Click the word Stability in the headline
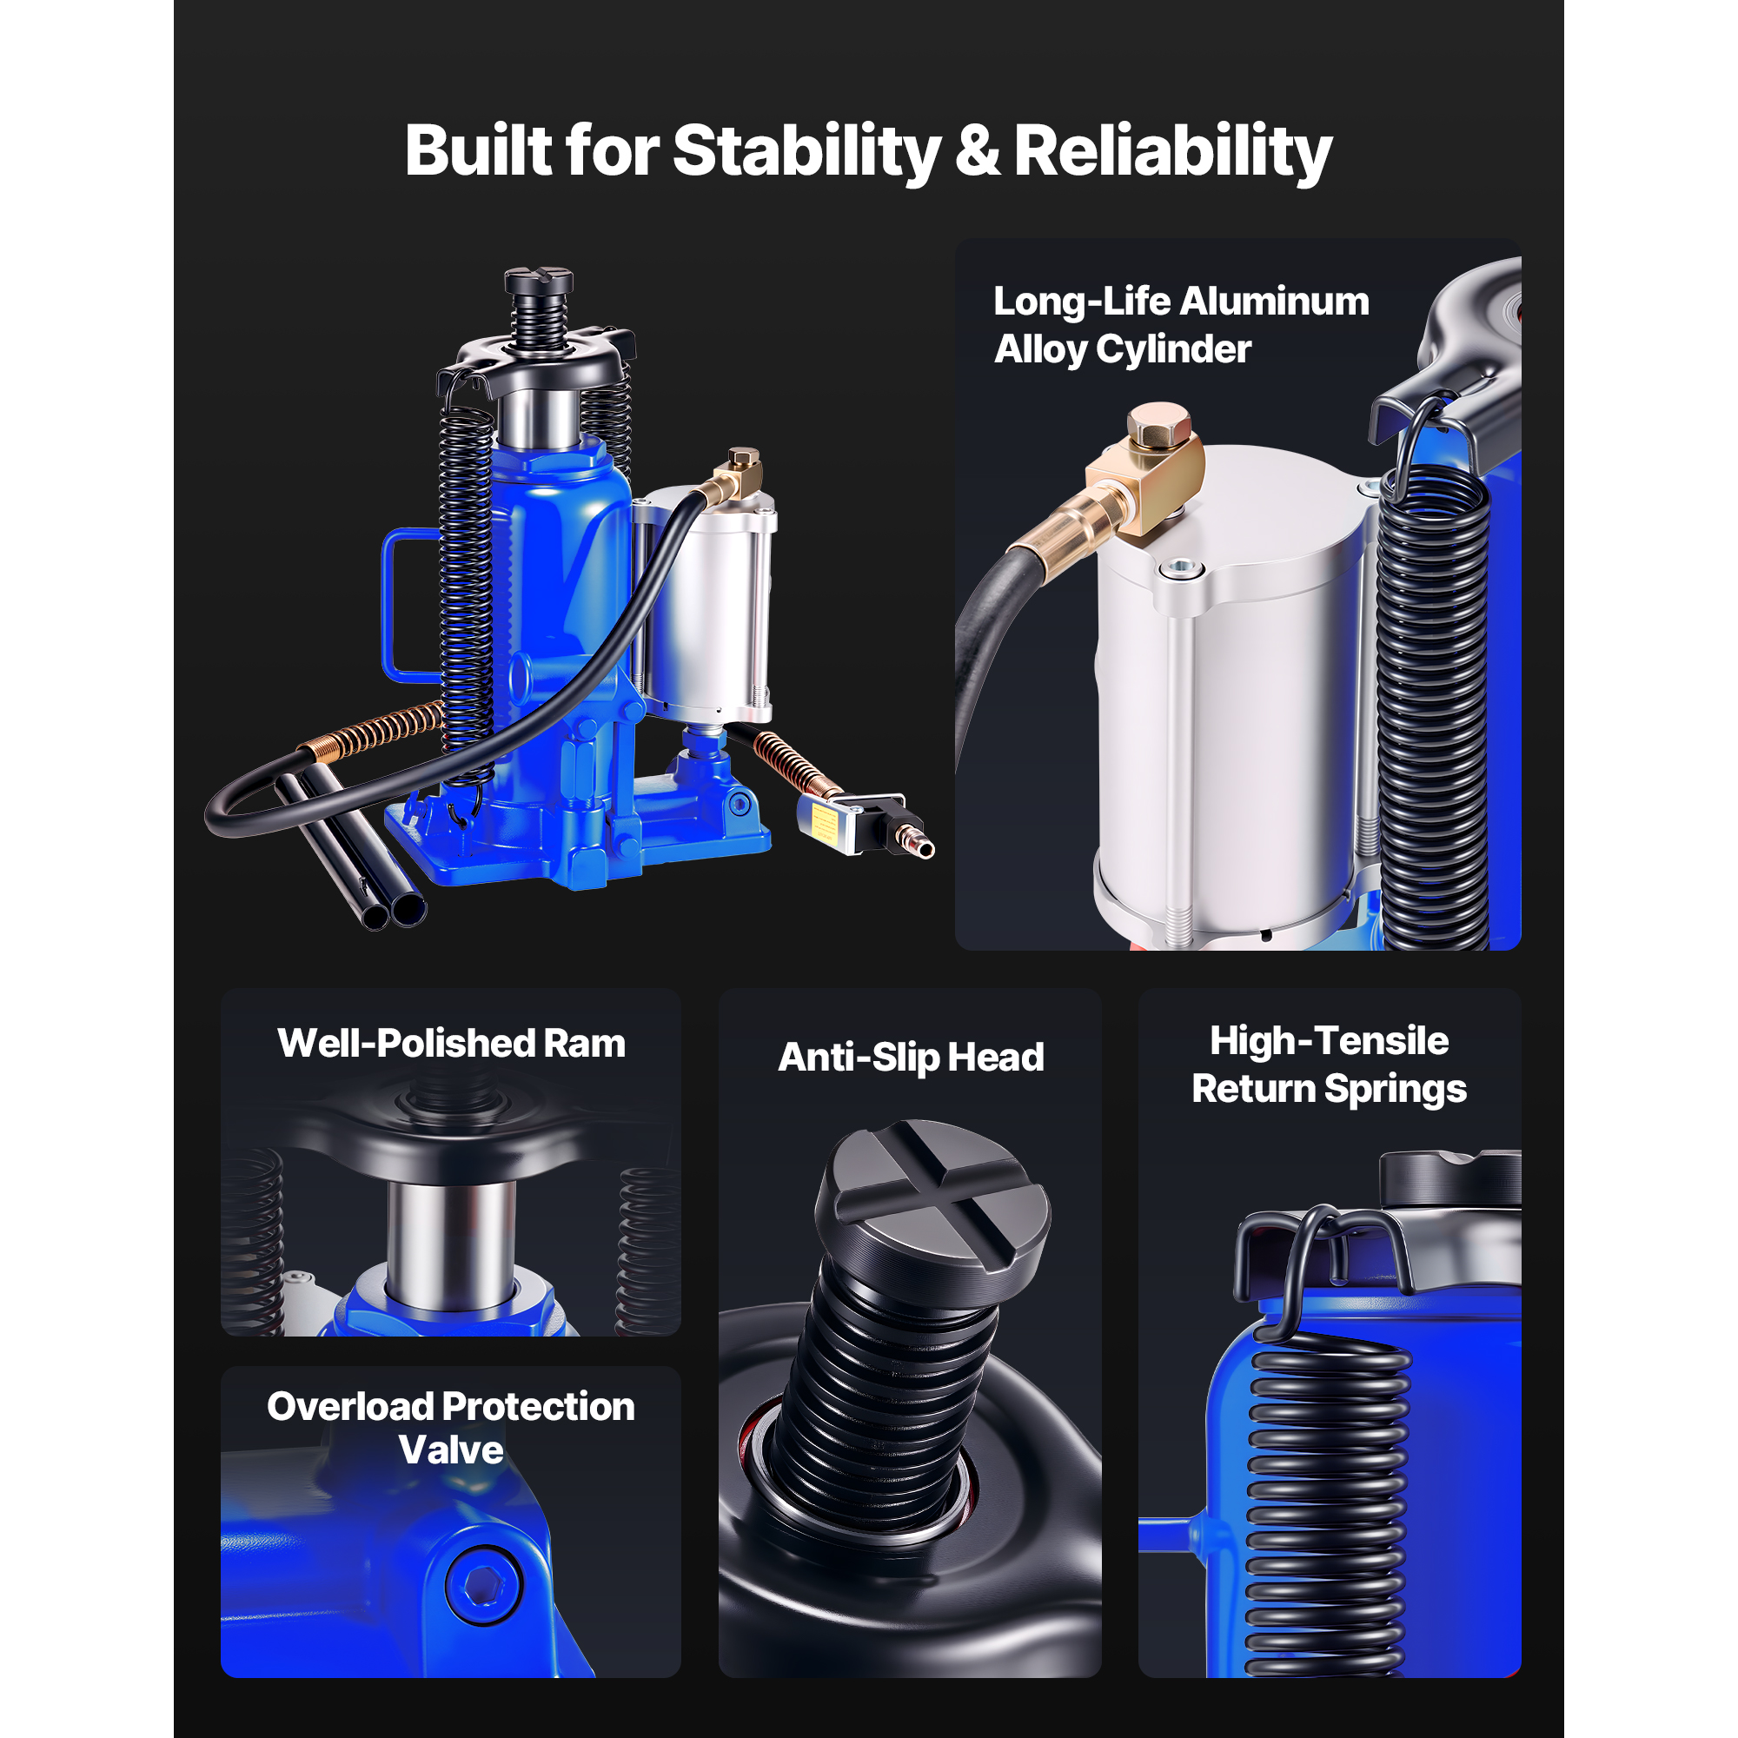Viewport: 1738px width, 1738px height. [807, 151]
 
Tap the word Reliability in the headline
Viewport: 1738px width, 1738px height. [1172, 151]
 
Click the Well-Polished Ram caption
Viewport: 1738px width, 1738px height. [451, 1044]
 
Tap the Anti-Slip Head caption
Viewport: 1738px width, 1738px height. [911, 1058]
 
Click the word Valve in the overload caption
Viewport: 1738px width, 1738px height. [451, 1449]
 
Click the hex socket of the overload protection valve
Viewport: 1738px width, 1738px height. [485, 1586]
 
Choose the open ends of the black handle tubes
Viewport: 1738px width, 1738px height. [393, 912]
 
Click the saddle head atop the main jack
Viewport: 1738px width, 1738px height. [539, 281]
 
